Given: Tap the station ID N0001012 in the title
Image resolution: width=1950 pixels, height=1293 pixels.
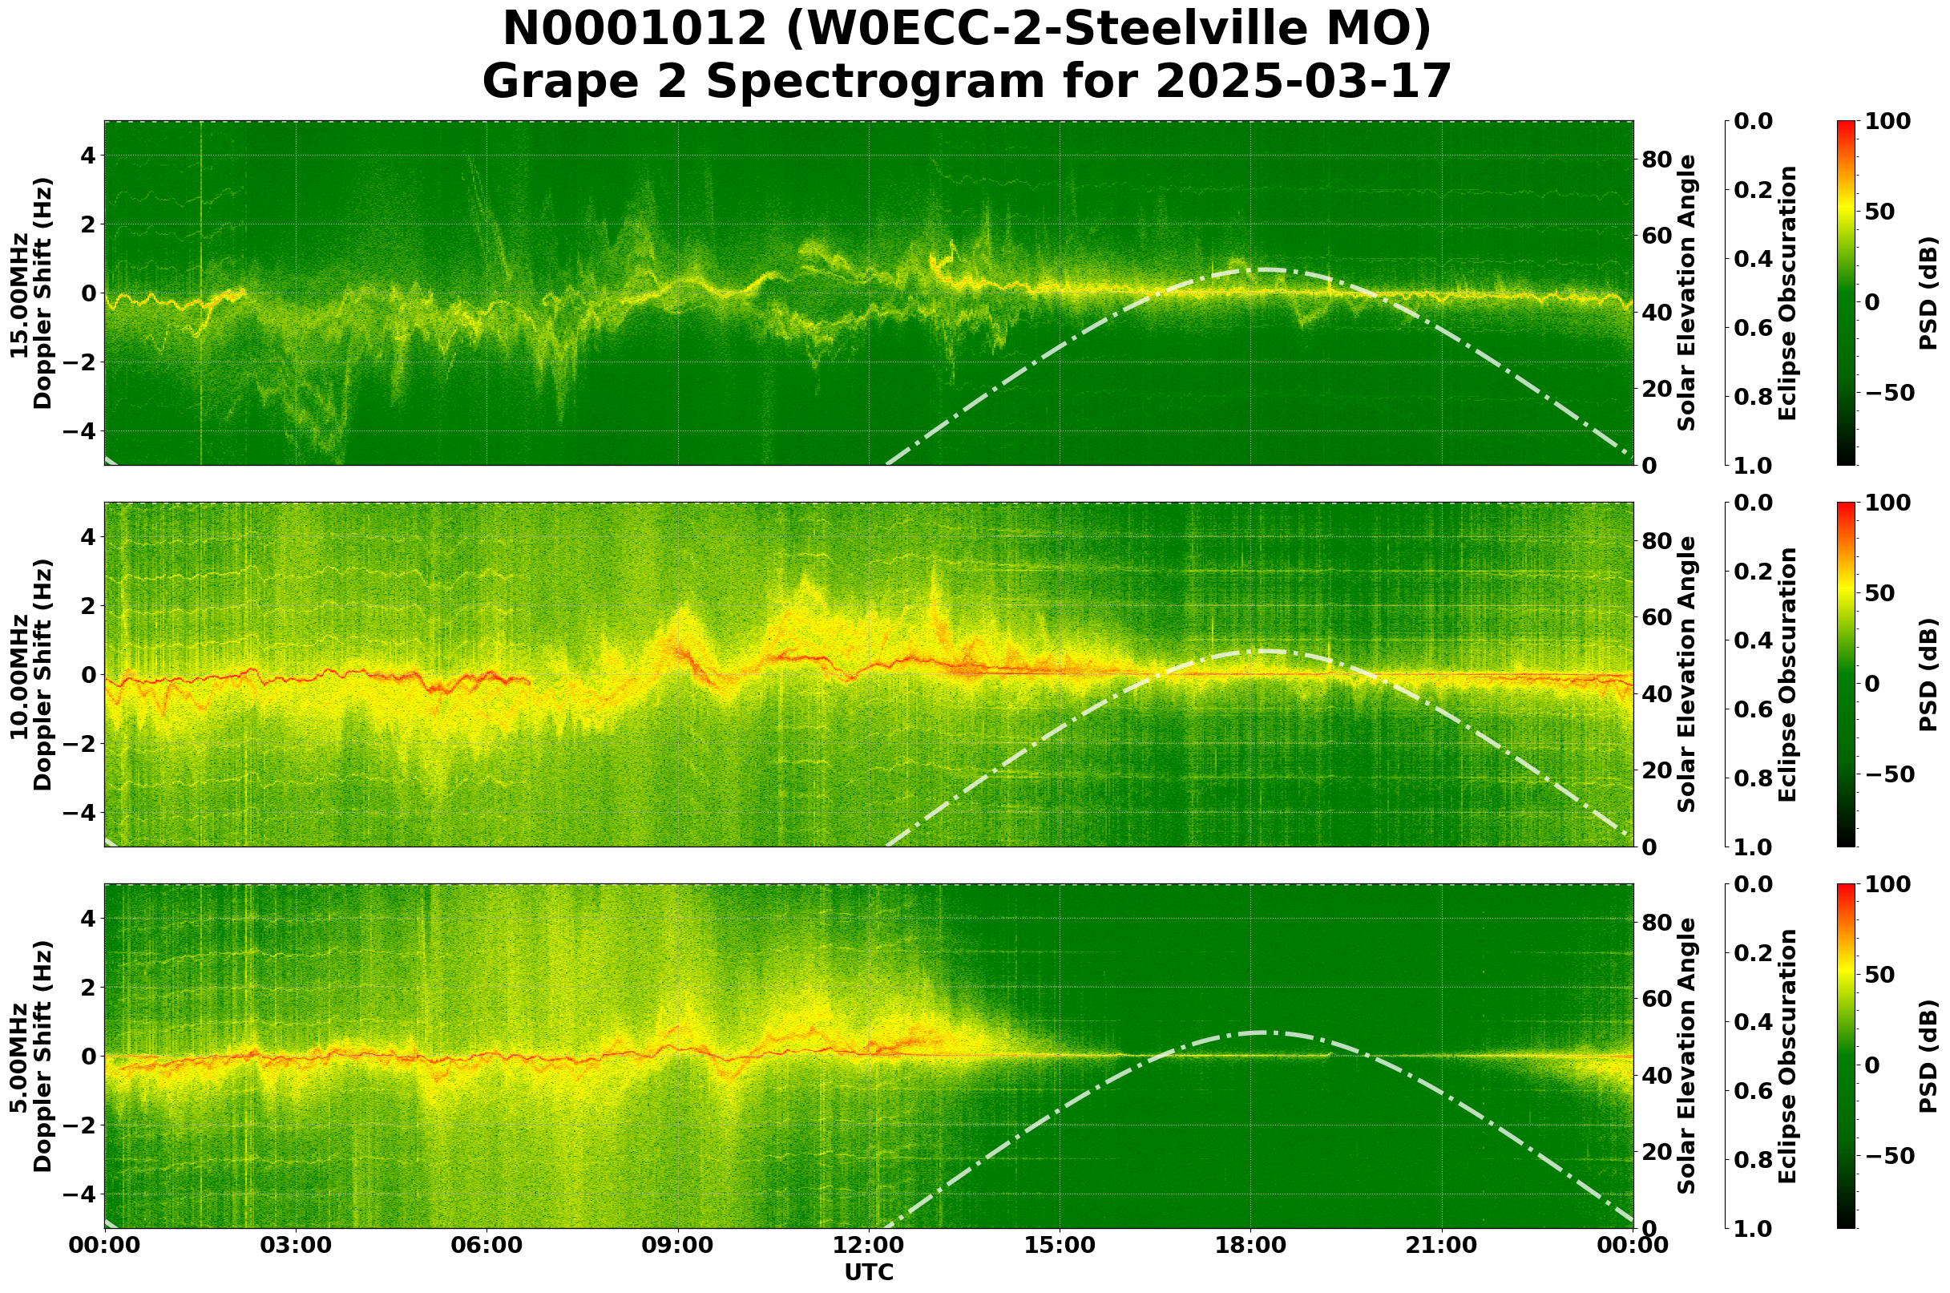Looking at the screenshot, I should (x=635, y=30).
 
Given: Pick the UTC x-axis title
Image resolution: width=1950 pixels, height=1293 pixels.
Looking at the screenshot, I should (x=869, y=1272).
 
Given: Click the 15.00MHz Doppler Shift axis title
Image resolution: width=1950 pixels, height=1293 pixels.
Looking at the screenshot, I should (x=31, y=293).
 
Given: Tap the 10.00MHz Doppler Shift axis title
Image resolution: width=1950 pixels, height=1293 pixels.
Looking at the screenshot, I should (x=31, y=674).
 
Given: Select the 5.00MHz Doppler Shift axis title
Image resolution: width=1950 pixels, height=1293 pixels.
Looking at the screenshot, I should (x=31, y=1057).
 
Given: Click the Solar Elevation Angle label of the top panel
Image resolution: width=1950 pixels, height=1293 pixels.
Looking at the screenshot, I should (x=1687, y=293).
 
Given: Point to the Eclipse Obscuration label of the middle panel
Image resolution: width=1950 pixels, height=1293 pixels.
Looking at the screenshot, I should (x=1786, y=674).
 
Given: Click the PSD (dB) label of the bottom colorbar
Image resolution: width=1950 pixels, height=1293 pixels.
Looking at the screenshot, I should (x=1928, y=1057).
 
